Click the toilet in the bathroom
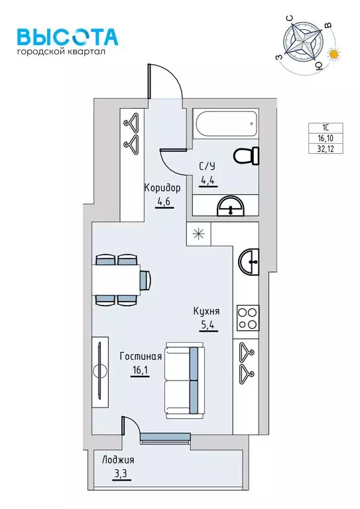(247, 156)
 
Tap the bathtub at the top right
(225, 124)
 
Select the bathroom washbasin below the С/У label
(231, 206)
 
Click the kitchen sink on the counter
(249, 262)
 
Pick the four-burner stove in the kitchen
(248, 318)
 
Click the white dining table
(116, 280)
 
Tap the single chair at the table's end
(146, 280)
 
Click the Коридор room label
(162, 188)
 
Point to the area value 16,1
(140, 370)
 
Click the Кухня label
(206, 311)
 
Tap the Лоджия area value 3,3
(122, 474)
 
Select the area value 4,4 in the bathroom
(208, 180)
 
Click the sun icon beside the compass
(334, 54)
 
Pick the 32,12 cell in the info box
(326, 149)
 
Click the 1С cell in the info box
(326, 128)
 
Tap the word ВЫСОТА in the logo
(68, 36)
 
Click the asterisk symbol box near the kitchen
(199, 234)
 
